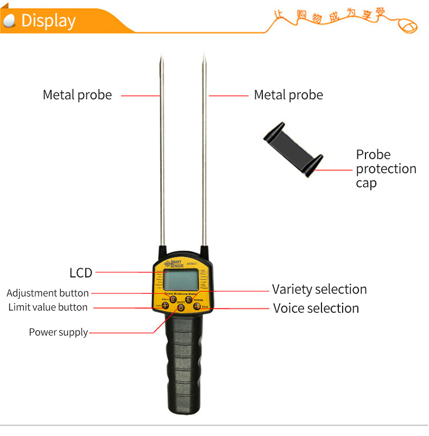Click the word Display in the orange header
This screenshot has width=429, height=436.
point(48,21)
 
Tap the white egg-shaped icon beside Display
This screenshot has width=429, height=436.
point(9,21)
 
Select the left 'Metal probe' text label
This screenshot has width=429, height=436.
point(77,95)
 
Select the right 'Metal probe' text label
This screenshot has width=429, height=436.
point(288,95)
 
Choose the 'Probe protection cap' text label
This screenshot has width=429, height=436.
point(386,168)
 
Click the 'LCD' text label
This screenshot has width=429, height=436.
point(81,273)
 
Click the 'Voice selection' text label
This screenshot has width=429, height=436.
point(316,308)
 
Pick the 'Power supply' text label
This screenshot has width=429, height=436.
point(58,332)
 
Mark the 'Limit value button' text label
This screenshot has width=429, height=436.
point(48,307)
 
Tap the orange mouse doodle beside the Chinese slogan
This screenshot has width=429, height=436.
point(408,25)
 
